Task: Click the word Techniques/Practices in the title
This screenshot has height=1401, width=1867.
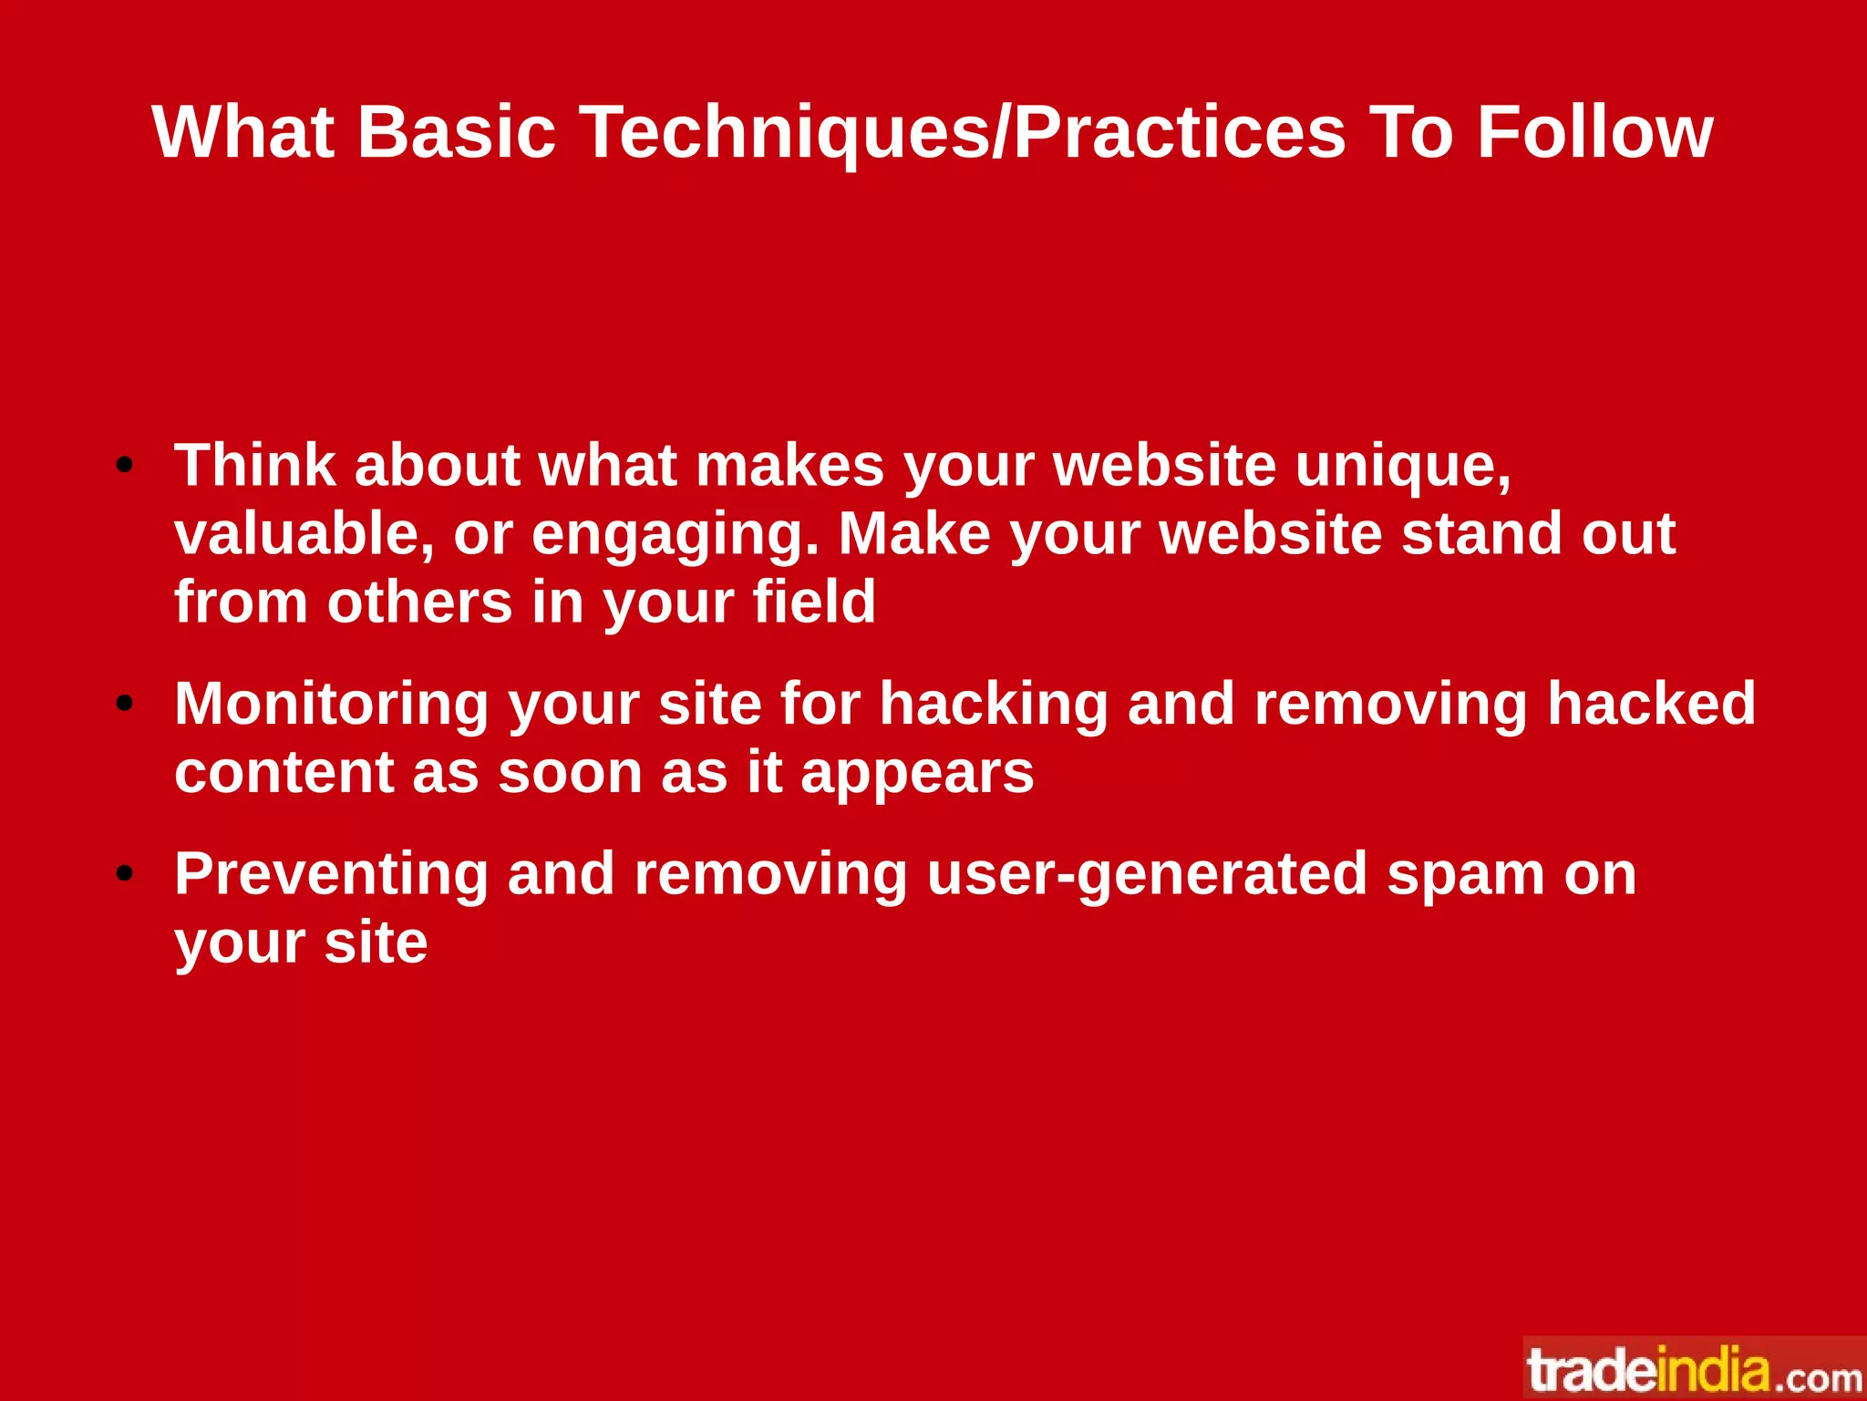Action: pos(963,133)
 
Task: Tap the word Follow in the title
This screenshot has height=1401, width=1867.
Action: pos(1594,133)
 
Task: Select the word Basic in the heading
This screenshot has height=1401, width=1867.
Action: pos(456,133)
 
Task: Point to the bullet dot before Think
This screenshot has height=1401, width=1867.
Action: pos(125,467)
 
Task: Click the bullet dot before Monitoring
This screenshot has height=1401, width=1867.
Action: pos(125,704)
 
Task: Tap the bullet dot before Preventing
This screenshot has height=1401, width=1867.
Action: pos(125,874)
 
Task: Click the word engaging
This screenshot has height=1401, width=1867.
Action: pos(675,536)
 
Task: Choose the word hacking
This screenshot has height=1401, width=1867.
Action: pos(993,704)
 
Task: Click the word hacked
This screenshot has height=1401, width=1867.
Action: pos(1651,704)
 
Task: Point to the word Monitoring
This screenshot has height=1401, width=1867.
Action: pos(332,706)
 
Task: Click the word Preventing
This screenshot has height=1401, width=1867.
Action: pos(332,875)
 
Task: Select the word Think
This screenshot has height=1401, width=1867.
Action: pos(255,467)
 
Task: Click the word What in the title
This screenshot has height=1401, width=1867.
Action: pos(243,133)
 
